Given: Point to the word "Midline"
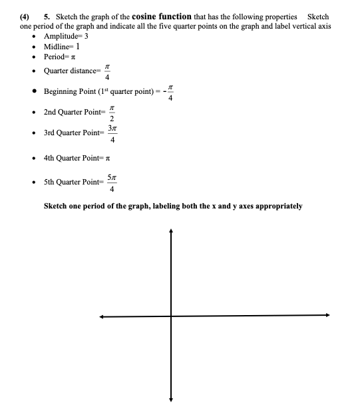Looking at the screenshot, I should (57, 46).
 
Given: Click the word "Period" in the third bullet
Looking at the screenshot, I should (55, 57).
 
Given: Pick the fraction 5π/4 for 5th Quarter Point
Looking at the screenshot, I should (114, 181).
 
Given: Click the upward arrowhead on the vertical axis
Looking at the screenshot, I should (171, 231).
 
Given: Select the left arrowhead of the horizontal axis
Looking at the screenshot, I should (102, 316).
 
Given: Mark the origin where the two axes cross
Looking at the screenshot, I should (171, 316).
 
